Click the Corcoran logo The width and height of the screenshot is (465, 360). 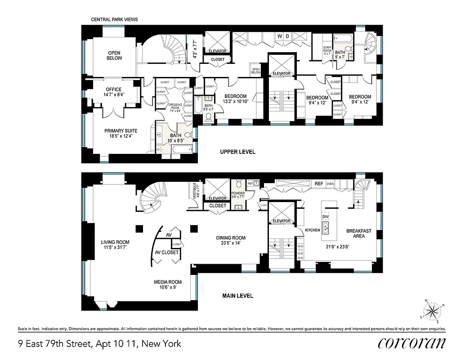[412, 343]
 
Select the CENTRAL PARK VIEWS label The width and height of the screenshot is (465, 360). [114, 20]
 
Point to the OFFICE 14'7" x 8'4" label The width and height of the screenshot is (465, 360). [114, 92]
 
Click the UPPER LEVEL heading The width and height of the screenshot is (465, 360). [237, 152]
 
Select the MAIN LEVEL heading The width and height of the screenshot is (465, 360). [237, 296]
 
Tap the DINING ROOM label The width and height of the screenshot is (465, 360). [231, 241]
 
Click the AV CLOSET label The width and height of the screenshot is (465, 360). [167, 252]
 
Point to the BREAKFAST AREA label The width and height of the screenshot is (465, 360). [358, 233]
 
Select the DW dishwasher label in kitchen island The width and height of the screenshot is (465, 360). [326, 216]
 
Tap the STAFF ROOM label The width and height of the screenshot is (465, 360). [327, 49]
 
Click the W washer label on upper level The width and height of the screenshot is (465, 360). [279, 36]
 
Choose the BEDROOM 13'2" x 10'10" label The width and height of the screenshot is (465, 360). [236, 99]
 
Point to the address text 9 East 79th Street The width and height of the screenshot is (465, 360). [99, 344]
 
